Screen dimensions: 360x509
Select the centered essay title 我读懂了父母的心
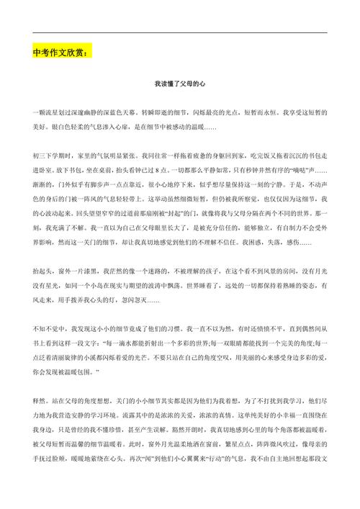pyautogui.click(x=180, y=84)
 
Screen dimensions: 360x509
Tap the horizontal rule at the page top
pyautogui.click(x=180, y=32)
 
